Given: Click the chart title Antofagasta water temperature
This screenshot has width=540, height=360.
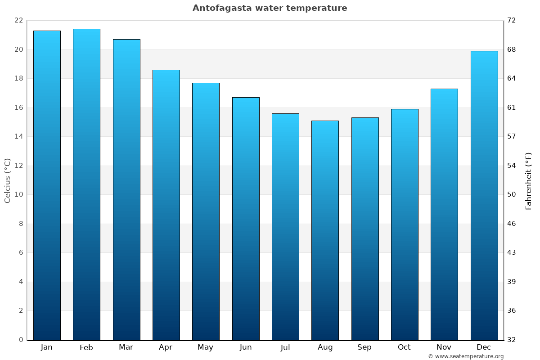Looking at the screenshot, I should tap(270, 8).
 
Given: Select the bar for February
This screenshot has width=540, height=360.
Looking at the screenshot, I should tap(86, 184).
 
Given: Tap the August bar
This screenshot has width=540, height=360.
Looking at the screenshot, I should tap(325, 230).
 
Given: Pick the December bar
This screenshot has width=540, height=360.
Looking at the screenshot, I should tap(484, 195).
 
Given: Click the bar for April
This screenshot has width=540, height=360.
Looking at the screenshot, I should tap(166, 205).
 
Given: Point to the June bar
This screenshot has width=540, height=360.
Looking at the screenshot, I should tap(246, 219).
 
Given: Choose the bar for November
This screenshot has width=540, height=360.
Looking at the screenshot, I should tap(444, 214).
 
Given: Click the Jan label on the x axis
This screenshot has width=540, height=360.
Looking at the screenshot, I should tap(47, 347).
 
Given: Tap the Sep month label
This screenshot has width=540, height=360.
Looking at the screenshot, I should tap(364, 347).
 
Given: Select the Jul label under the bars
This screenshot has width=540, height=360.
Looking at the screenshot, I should tap(285, 347).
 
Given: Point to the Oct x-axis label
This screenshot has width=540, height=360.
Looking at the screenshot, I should tap(404, 347).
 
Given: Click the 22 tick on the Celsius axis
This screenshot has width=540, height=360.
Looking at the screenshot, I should tap(18, 21).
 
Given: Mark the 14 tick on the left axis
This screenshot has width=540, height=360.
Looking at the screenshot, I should tap(18, 136).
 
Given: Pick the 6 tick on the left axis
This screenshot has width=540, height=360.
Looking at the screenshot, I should tap(21, 252).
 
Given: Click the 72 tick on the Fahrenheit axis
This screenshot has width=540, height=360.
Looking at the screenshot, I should tap(512, 21).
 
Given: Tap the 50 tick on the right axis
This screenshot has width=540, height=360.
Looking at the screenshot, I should tap(512, 194).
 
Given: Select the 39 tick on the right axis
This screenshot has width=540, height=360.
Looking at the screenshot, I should tap(512, 282).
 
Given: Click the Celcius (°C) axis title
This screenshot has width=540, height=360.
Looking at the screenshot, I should tap(8, 180).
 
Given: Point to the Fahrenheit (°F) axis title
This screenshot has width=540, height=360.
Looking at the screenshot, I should tap(528, 181).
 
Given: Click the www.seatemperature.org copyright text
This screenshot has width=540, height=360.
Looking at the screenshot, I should tap(466, 356).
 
